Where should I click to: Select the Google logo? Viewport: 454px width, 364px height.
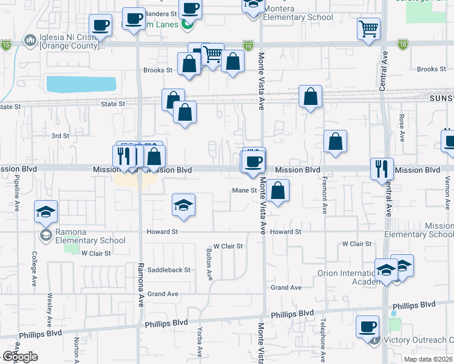20,357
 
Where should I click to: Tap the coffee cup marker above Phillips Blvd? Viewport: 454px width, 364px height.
367,327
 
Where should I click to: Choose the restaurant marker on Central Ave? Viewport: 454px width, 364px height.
382,169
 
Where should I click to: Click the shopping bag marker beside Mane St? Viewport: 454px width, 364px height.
277,190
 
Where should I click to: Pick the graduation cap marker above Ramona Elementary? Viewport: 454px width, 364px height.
45,212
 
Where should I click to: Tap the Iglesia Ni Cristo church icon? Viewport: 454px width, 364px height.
29,40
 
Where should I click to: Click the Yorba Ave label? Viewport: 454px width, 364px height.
199,343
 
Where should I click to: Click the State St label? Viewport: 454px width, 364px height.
113,104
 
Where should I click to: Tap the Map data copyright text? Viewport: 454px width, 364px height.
427,359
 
